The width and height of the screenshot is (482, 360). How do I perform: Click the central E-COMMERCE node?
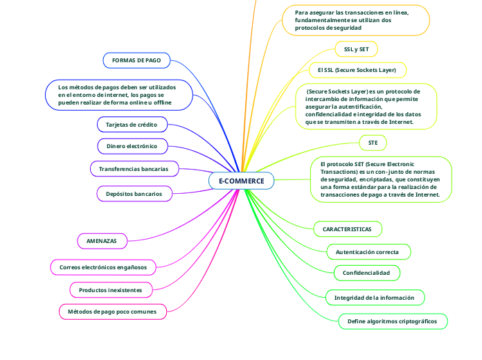241,181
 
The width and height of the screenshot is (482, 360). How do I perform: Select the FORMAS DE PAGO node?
136,61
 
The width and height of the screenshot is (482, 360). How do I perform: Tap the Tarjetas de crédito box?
131,125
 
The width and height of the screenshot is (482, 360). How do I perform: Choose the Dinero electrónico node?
132,147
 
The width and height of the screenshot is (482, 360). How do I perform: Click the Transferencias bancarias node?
134,169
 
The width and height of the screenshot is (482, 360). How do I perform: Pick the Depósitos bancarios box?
134,194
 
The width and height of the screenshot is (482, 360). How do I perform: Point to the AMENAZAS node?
101,241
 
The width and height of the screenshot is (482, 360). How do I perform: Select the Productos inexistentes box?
110,289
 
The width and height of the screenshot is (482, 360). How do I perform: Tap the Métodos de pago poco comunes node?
111,312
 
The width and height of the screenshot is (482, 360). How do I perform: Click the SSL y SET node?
356,50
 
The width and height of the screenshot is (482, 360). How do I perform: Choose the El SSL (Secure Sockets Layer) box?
357,70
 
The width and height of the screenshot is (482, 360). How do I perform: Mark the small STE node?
373,143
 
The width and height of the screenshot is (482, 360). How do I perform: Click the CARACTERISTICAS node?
347,228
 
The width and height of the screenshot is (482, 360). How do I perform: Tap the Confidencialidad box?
366,273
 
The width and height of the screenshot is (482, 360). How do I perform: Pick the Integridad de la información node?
374,298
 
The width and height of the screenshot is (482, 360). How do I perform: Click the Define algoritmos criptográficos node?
393,322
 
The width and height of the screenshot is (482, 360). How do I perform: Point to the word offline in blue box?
161,102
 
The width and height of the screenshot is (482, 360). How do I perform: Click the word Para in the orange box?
301,12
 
